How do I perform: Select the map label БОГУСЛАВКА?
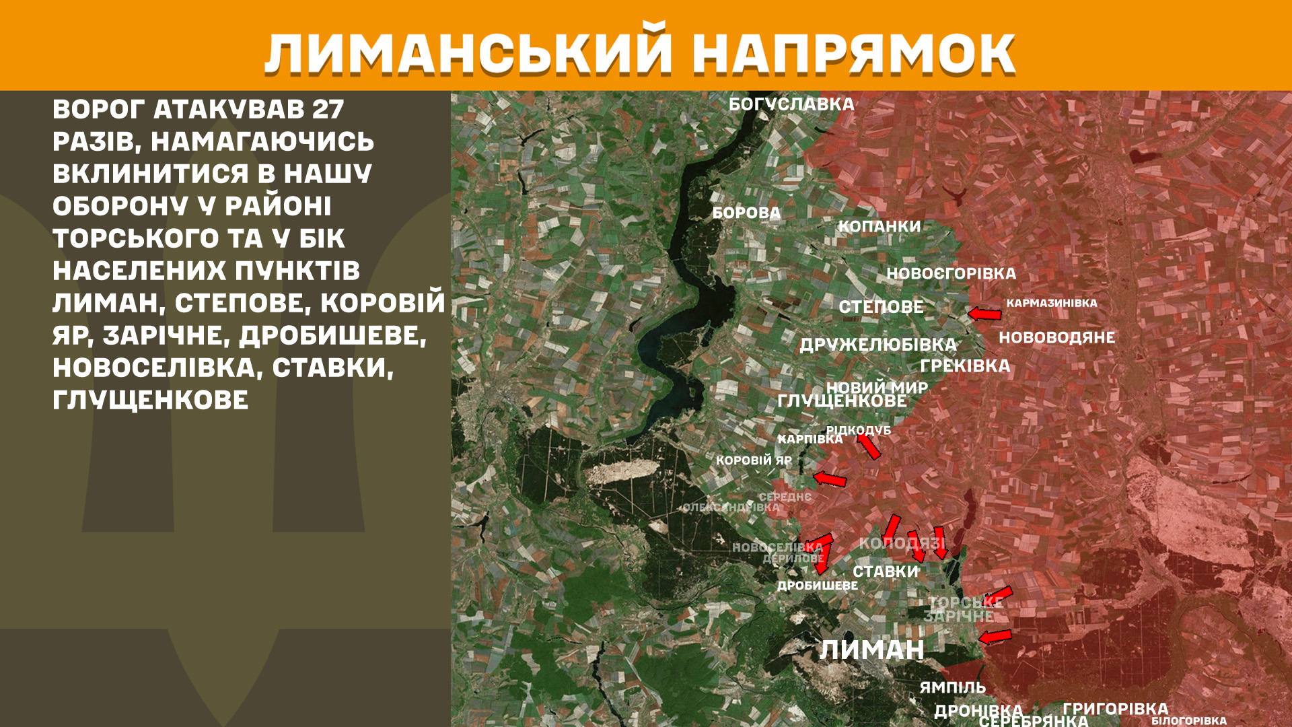click(x=791, y=104)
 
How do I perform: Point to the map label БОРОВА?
click(x=746, y=213)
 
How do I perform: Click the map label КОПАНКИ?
click(x=879, y=226)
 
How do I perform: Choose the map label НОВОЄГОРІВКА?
click(x=951, y=274)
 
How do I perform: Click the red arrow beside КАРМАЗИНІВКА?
click(x=984, y=314)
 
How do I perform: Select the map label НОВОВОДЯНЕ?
click(x=1056, y=337)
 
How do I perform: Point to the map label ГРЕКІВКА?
click(x=965, y=366)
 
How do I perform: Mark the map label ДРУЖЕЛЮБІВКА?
click(x=877, y=345)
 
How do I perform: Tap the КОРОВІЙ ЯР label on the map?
click(x=754, y=461)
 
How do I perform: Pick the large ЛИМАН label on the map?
click(x=871, y=650)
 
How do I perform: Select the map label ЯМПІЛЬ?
click(x=952, y=687)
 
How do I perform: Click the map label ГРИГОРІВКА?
click(x=1115, y=709)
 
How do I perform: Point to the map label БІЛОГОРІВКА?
click(x=1189, y=721)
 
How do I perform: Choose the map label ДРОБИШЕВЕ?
click(x=818, y=586)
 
